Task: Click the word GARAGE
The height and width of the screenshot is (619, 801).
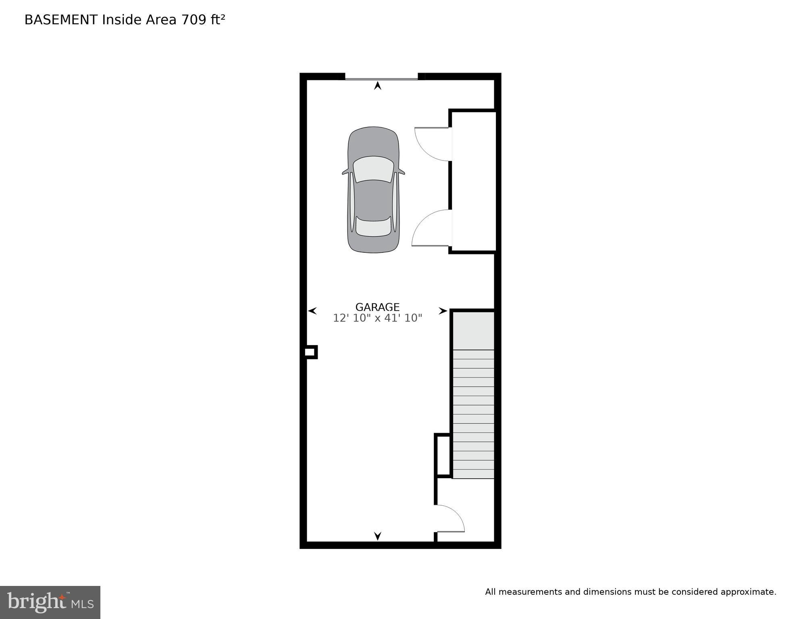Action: click(377, 307)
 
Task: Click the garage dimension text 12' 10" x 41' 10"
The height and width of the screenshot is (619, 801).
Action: click(377, 318)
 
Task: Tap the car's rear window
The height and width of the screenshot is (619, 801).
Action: click(373, 227)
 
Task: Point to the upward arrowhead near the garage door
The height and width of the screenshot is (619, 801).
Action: click(377, 85)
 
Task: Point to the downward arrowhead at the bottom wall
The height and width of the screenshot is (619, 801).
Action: click(377, 536)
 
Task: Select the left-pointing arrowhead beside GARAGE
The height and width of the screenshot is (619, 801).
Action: click(312, 311)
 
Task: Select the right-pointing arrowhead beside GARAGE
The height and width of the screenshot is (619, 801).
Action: click(443, 311)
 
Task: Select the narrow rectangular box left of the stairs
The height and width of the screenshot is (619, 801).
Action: click(442, 455)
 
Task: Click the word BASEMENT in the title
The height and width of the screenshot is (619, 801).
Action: click(61, 20)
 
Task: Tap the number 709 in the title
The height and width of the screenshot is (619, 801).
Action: click(193, 20)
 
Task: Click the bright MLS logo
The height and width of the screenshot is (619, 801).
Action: click(50, 602)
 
